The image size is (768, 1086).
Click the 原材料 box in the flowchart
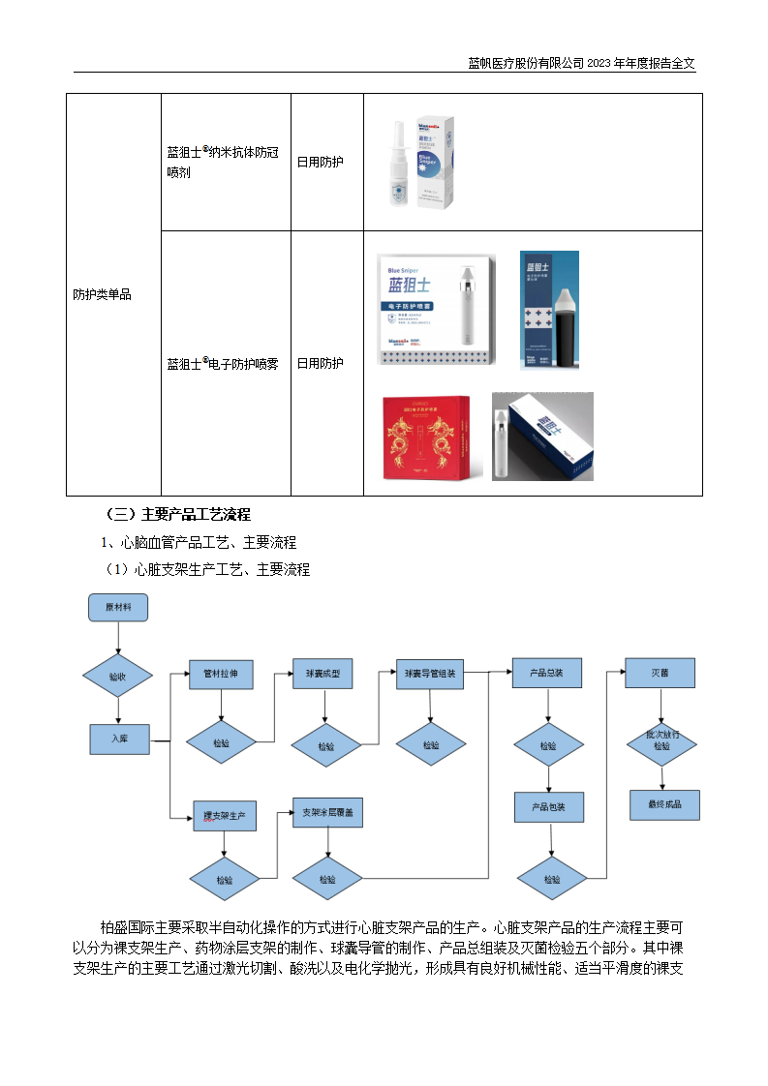click(117, 608)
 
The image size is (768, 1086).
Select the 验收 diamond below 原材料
click(117, 677)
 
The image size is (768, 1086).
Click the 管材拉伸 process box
click(221, 674)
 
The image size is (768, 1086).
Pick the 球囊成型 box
click(323, 674)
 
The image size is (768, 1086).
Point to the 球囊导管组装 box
click(431, 674)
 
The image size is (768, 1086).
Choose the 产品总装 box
click(547, 674)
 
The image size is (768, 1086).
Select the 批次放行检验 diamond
click(662, 740)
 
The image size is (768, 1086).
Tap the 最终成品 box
click(663, 804)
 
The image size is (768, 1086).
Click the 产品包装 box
click(547, 806)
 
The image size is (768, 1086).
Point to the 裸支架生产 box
click(224, 817)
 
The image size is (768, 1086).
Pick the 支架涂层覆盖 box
click(328, 813)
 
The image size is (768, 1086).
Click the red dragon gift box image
click(425, 437)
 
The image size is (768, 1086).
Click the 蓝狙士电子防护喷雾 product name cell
click(225, 364)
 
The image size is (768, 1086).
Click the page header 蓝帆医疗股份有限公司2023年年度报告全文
click(581, 63)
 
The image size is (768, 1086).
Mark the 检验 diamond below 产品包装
click(552, 880)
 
